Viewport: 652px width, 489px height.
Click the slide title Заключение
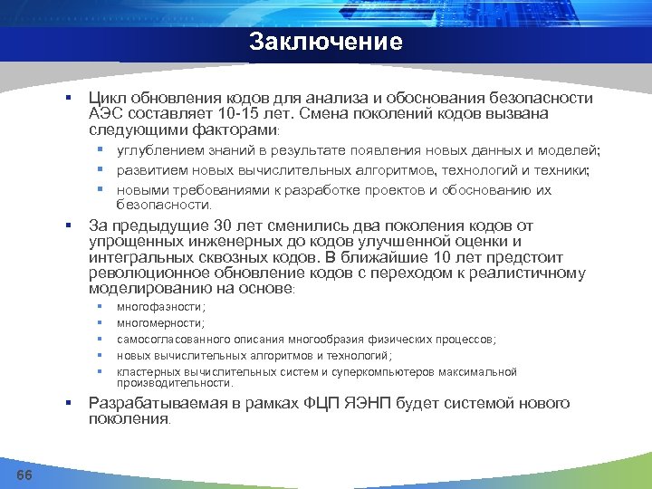pyautogui.click(x=325, y=42)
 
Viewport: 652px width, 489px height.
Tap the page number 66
pyautogui.click(x=25, y=476)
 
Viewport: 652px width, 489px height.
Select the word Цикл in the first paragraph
pyautogui.click(x=107, y=98)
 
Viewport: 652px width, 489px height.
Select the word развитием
pyautogui.click(x=150, y=170)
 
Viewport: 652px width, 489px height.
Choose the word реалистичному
pyautogui.click(x=525, y=273)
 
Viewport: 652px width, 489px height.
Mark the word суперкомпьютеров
pyautogui.click(x=387, y=372)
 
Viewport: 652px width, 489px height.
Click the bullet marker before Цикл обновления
pyautogui.click(x=68, y=98)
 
